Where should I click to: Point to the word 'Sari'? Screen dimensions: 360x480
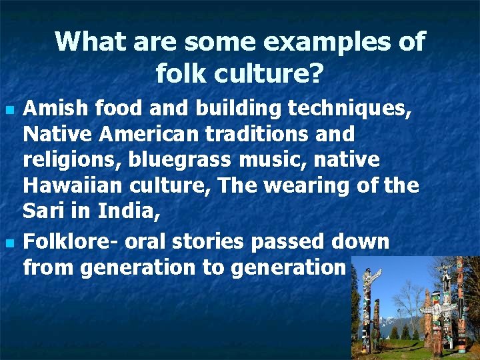coord(41,212)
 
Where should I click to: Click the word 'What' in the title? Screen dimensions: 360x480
coord(90,41)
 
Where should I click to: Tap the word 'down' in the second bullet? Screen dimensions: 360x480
coord(366,241)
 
